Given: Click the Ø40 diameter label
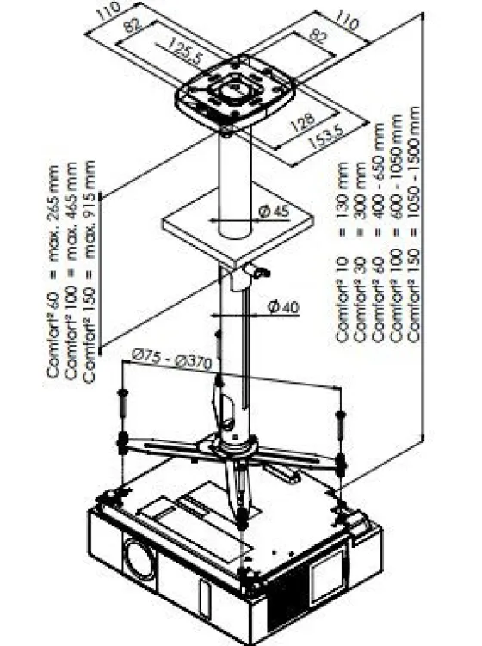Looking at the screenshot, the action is coord(283,307).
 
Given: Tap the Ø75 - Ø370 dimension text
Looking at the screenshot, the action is coord(171,359).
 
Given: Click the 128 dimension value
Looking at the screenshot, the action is coord(303,122).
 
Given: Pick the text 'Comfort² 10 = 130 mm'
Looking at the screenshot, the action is coord(343,252).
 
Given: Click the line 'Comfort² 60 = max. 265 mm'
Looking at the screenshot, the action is coord(53,272).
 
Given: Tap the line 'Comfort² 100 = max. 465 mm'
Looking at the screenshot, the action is coord(71,271).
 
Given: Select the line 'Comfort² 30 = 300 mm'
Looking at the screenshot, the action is coord(360,252).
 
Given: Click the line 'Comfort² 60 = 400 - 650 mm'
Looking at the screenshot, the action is coord(378,233).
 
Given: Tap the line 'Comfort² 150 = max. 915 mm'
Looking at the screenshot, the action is coord(89,271).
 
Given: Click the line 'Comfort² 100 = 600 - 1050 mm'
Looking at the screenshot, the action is coord(396,228).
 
